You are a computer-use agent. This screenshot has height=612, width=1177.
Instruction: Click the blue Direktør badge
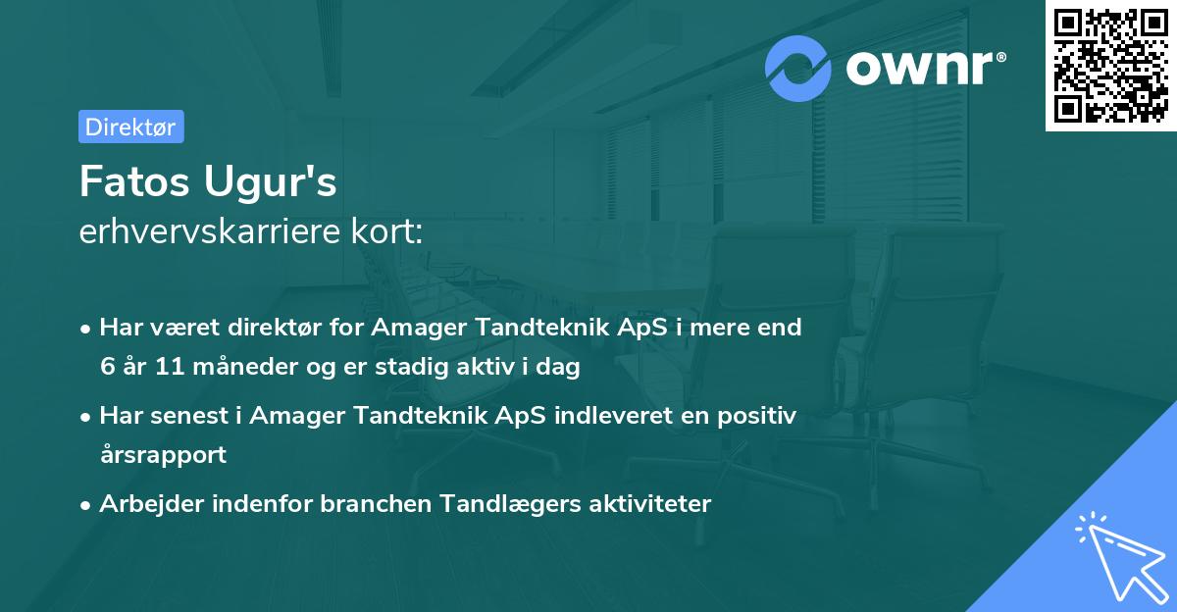click(131, 127)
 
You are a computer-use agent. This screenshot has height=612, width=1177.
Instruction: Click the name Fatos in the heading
click(134, 181)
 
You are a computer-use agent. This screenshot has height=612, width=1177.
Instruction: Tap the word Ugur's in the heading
click(270, 182)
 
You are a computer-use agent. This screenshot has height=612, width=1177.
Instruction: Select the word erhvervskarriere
click(210, 231)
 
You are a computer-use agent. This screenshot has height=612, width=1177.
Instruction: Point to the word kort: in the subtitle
click(386, 231)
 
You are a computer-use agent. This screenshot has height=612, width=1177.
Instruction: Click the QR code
click(1110, 66)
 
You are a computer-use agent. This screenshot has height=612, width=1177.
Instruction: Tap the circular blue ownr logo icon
click(797, 69)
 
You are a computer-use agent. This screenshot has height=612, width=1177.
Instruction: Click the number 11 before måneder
click(171, 366)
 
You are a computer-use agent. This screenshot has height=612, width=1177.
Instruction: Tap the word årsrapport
click(164, 455)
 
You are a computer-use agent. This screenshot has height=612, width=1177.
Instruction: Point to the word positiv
click(757, 417)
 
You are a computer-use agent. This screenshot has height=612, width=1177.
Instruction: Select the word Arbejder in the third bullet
click(152, 504)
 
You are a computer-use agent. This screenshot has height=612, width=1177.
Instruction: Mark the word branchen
click(376, 503)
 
